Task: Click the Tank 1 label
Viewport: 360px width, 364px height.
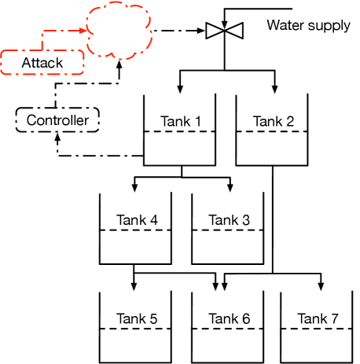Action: (182, 121)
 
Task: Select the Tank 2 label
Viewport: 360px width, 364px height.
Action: (274, 121)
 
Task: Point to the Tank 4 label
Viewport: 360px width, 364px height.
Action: (137, 219)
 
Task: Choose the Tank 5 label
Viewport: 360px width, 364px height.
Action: (137, 318)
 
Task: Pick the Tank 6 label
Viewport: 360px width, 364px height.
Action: (229, 318)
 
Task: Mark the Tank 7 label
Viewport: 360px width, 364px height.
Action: (318, 318)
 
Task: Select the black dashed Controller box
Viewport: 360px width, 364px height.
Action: (57, 120)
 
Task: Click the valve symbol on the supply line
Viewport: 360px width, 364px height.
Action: (225, 32)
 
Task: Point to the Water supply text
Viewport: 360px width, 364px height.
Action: (308, 25)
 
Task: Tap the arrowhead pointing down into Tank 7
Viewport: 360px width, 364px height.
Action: (320, 285)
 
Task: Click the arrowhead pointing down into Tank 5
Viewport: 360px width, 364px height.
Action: (135, 285)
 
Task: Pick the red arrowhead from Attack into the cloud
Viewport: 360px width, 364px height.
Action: (82, 32)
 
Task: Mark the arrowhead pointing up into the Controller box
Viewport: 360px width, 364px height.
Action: (57, 136)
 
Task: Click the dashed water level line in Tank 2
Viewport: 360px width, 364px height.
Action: (274, 131)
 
